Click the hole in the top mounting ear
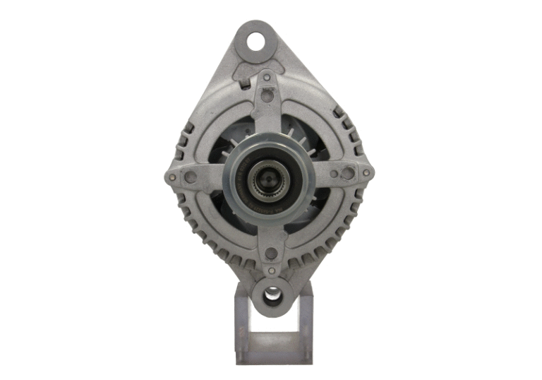(255, 41)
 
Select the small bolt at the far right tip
(366, 172)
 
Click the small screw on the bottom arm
(271, 271)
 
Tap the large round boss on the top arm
(267, 96)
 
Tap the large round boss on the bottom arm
(271, 253)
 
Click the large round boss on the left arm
(191, 177)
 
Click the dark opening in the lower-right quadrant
(311, 212)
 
